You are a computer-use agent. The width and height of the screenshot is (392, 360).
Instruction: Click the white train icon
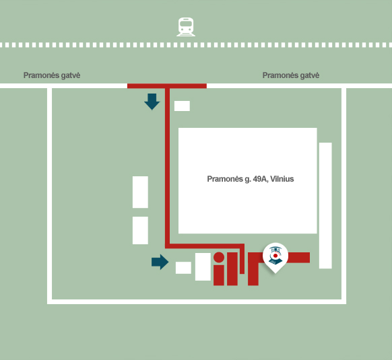pos(186,27)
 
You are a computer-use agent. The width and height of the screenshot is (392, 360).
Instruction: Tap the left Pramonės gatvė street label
pos(52,75)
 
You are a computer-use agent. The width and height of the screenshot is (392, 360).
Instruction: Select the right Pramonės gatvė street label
pos(291,75)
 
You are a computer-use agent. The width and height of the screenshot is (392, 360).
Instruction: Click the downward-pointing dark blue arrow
pos(152,102)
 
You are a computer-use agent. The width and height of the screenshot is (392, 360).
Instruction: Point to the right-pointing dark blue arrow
pos(160,262)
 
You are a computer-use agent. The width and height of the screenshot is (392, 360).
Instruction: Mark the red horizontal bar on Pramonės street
pos(167,86)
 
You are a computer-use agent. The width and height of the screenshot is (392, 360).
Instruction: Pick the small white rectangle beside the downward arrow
pos(182,106)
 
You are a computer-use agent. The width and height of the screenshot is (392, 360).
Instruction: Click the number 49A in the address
pos(260,179)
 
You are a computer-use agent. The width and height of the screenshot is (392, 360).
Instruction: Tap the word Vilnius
pos(282,179)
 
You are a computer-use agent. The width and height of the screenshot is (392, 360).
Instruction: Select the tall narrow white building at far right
pos(325,206)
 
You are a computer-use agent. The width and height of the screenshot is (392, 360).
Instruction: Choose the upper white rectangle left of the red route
pos(140,192)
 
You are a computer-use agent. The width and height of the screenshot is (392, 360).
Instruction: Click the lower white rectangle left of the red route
pos(140,230)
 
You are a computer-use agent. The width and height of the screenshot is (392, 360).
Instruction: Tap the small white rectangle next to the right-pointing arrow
pos(183,268)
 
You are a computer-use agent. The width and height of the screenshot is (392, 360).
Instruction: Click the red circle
pos(219,257)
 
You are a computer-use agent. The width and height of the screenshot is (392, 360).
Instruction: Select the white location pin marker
pos(275,258)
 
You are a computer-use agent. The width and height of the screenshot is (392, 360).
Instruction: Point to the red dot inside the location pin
pos(275,256)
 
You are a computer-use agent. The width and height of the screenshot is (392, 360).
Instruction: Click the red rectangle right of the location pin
pos(299,258)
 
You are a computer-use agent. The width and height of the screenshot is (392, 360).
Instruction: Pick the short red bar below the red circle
pos(219,275)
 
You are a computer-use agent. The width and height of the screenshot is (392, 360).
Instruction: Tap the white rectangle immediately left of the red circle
pos(203,267)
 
